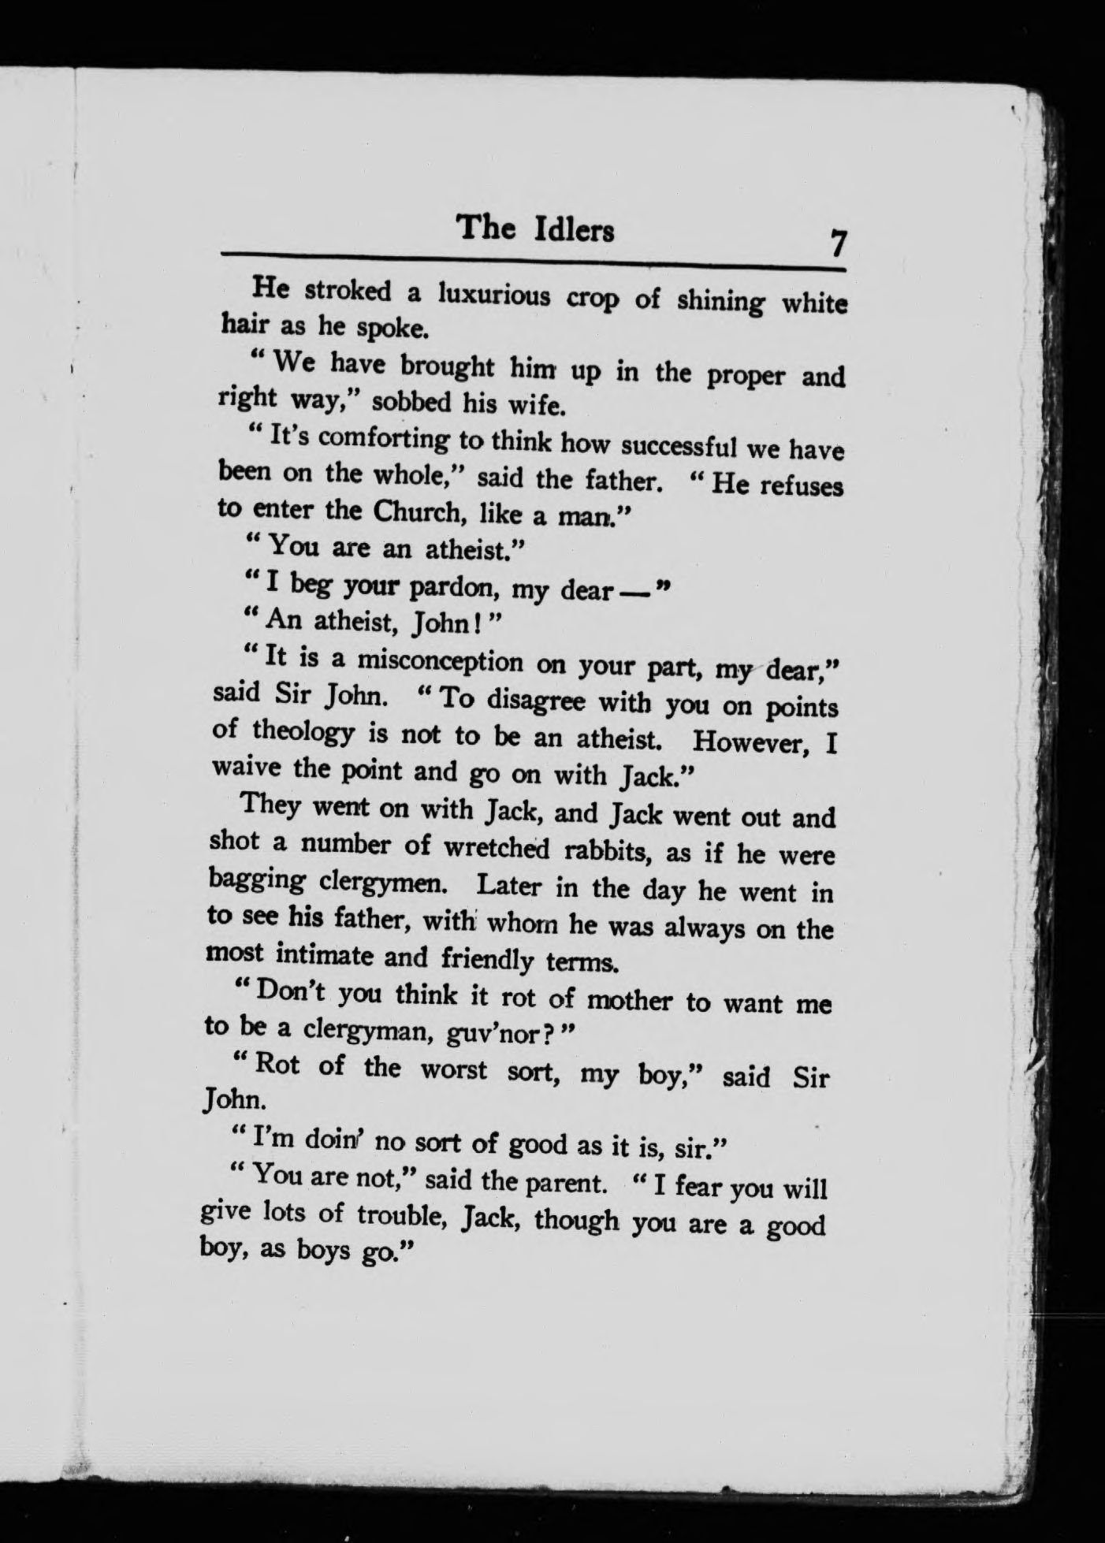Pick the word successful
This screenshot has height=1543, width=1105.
click(x=679, y=445)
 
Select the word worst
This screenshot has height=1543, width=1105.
click(x=453, y=1070)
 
